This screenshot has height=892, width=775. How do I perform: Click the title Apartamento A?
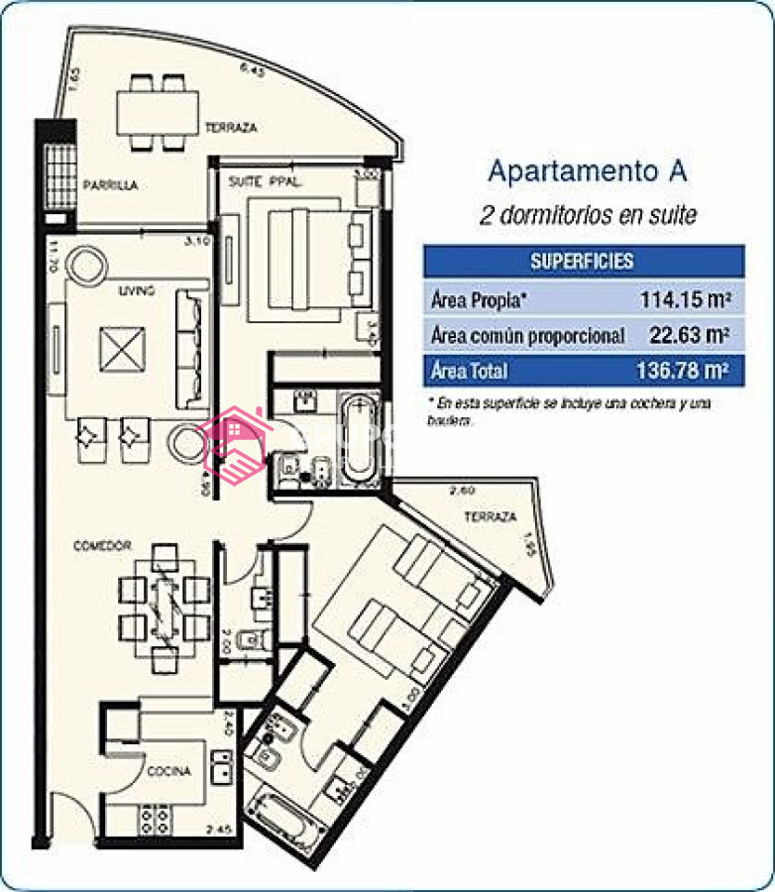[588, 170]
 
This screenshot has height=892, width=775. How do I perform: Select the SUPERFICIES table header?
[583, 262]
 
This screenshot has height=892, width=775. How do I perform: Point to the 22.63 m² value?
[689, 335]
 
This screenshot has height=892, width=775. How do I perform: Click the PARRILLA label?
[110, 185]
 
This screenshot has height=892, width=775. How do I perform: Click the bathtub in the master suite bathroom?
[359, 439]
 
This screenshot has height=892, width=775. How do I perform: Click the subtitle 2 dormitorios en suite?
[588, 214]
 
